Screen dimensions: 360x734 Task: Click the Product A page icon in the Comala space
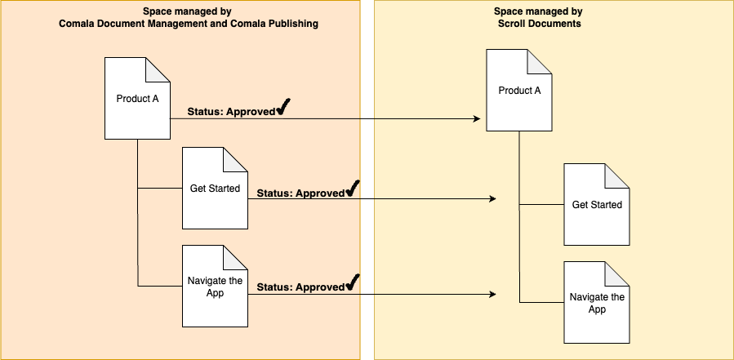point(137,98)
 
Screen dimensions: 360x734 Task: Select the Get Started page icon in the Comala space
point(215,189)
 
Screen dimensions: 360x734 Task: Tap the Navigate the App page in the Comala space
point(215,286)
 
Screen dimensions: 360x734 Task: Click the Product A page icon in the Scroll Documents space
point(519,90)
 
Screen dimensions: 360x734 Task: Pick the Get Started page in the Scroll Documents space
point(596,204)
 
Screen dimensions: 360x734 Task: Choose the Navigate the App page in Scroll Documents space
point(596,302)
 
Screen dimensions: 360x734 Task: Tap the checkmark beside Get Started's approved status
point(353,189)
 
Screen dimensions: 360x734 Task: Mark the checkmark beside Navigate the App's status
point(353,283)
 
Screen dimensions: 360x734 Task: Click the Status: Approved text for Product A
point(231,112)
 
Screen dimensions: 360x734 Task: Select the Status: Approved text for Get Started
point(300,193)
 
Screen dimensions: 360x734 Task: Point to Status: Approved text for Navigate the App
point(300,287)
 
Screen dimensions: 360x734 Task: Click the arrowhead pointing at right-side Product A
point(476,119)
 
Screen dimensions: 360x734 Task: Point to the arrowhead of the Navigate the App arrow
point(492,294)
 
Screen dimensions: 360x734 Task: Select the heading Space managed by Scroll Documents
point(539,18)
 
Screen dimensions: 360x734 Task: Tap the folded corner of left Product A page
point(158,69)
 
